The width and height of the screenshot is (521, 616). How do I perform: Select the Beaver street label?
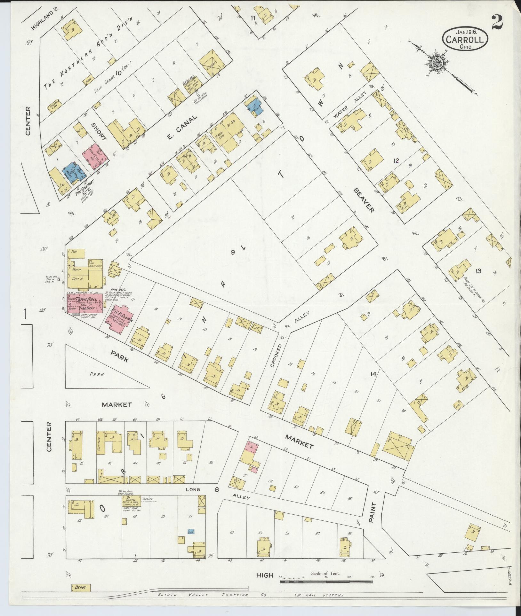(364, 200)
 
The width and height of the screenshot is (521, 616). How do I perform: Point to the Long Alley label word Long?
(193, 489)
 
